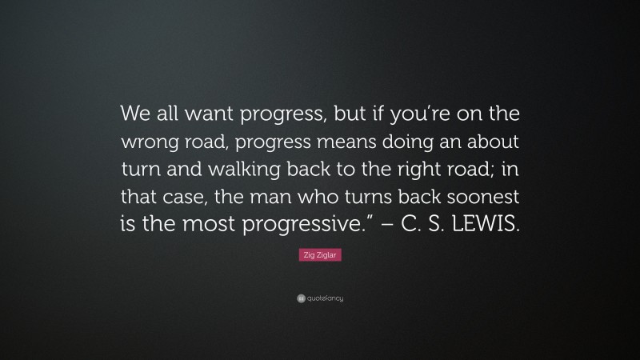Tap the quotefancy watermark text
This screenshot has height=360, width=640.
[x=325, y=298]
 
